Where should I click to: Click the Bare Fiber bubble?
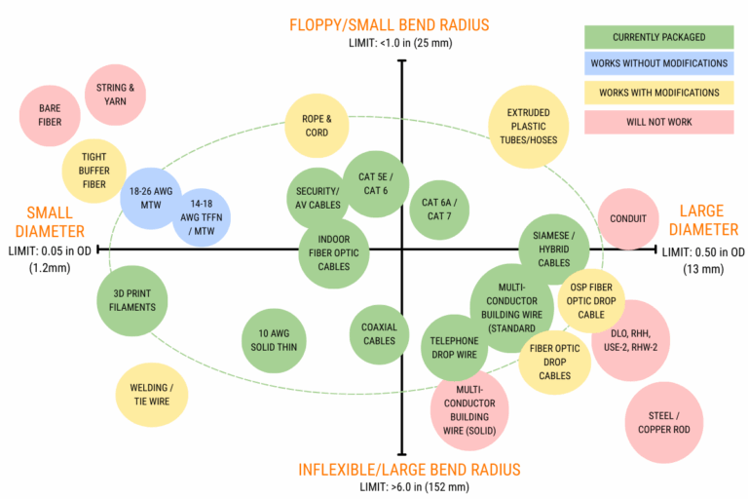tap(50, 116)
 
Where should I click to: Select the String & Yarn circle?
tap(116, 95)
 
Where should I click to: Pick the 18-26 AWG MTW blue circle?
tap(151, 196)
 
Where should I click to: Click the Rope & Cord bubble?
tap(317, 126)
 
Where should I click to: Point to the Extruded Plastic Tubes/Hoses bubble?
tap(527, 126)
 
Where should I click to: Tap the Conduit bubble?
tap(628, 218)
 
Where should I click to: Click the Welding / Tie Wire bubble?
tap(151, 395)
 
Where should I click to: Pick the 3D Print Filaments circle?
tap(133, 300)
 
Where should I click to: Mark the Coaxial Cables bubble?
tap(379, 334)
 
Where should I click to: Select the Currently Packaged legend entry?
tap(658, 37)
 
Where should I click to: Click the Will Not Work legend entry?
tap(658, 122)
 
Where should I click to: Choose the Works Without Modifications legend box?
tap(658, 64)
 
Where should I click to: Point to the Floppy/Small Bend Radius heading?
tap(402, 24)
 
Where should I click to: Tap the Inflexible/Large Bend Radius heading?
tap(402, 469)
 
